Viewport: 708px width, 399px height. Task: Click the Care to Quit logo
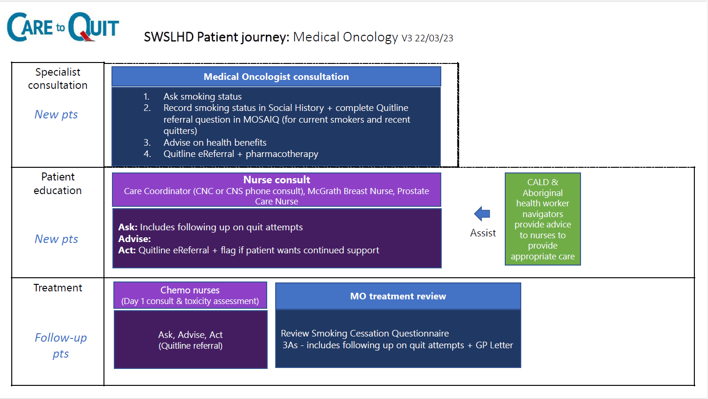point(63,27)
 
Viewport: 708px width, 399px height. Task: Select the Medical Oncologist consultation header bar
point(276,77)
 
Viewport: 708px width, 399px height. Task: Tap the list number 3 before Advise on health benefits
point(147,143)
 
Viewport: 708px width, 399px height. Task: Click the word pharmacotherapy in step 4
point(282,154)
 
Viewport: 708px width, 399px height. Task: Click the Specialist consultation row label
point(58,78)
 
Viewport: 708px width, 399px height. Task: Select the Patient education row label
point(58,184)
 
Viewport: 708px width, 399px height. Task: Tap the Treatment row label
point(58,288)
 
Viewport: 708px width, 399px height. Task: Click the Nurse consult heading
point(277,180)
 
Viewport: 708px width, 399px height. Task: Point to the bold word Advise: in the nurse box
point(135,239)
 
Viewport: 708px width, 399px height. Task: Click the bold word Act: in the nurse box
point(127,250)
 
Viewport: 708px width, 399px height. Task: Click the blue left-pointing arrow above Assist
point(482,214)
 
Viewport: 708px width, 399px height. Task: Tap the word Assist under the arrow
point(483,233)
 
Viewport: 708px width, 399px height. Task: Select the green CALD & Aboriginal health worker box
point(542,219)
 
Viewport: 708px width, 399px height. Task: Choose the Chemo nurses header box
point(190,295)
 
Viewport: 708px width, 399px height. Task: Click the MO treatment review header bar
point(398,296)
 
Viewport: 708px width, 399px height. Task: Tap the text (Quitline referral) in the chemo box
point(191,346)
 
